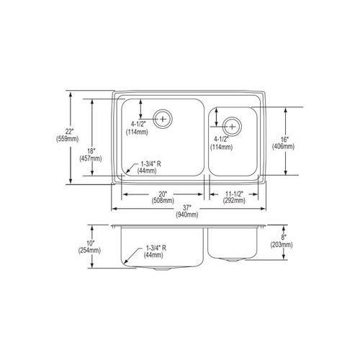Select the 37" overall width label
tap(189, 207)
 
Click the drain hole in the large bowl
tap(164, 117)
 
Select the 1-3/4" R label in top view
tap(148, 164)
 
